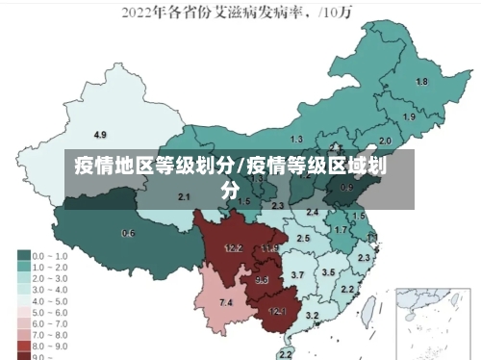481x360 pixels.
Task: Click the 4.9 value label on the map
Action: pos(100,134)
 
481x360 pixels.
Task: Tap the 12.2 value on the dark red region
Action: pos(233,248)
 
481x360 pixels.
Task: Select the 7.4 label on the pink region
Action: pos(226,303)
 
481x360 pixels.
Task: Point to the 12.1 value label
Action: pos(277,311)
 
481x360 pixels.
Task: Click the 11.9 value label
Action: pos(269,248)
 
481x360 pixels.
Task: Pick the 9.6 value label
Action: pos(262,280)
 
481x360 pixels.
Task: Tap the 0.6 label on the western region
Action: pos(128,233)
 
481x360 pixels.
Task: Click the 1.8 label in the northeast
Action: pos(421,82)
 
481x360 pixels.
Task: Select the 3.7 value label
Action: pos(297,275)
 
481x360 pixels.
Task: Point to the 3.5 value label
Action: pos(329,273)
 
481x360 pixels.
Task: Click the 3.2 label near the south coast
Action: pos(312,315)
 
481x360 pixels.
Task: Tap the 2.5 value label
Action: pos(304,238)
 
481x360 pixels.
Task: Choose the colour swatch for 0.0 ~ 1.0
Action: pos(22,256)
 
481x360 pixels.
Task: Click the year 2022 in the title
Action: pos(136,13)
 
